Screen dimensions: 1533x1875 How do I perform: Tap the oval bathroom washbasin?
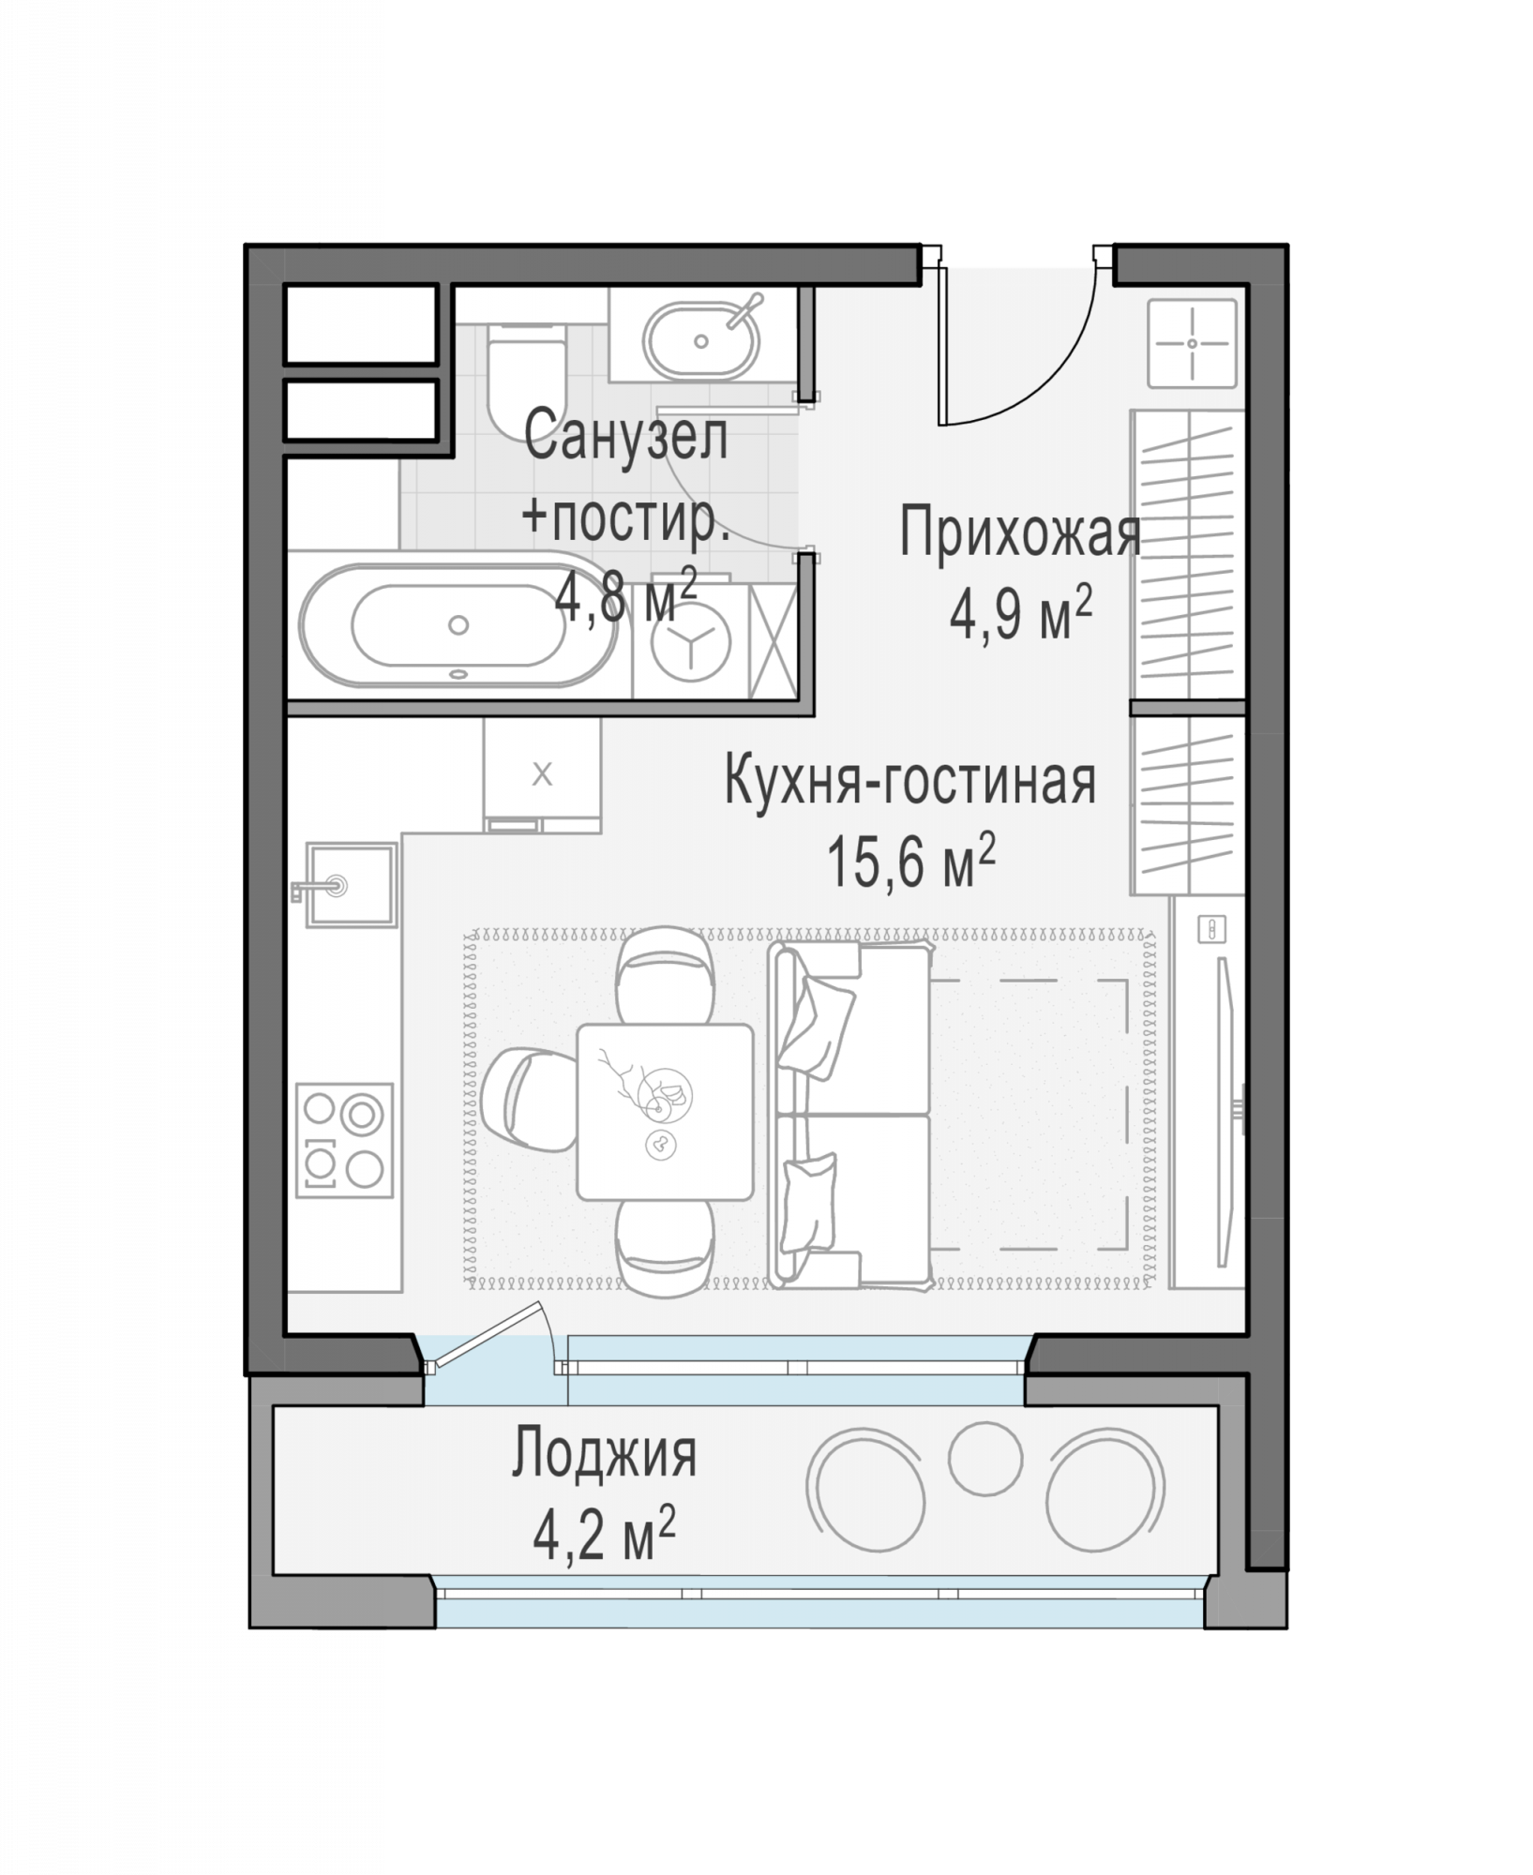700,339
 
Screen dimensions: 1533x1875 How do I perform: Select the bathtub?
458,625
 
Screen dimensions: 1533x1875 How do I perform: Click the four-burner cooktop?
344,1140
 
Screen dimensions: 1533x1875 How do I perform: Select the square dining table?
665,1112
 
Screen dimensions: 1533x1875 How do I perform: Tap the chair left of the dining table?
528,1098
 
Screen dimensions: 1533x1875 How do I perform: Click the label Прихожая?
1020,535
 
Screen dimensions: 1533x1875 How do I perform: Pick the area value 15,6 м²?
910,862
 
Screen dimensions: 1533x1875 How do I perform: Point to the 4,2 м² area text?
604,1535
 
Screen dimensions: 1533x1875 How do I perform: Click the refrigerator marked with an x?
542,775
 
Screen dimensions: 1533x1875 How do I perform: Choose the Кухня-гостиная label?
910,782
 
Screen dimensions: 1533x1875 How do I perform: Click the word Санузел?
626,437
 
